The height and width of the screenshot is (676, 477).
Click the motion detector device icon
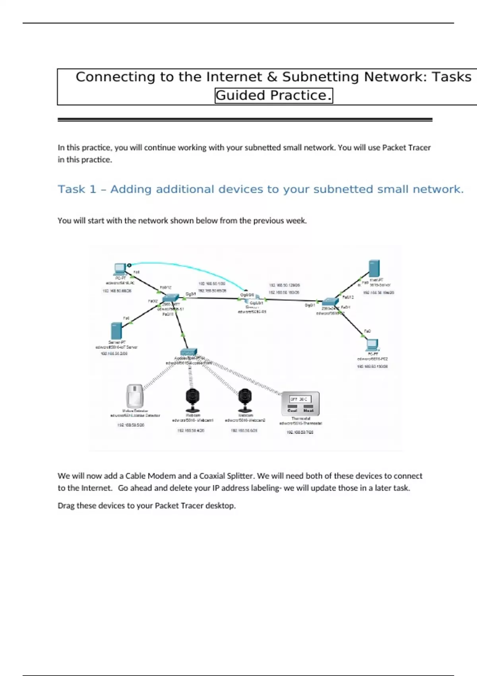[135, 395]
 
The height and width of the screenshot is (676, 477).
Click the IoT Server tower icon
[116, 330]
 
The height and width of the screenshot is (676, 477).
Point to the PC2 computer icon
[372, 345]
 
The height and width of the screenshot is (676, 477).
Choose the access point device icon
[188, 352]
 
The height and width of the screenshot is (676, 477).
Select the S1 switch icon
[171, 298]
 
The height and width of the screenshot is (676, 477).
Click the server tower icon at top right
[374, 269]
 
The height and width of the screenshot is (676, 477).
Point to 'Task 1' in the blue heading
[77, 189]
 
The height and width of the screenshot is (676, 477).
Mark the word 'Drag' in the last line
[66, 506]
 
